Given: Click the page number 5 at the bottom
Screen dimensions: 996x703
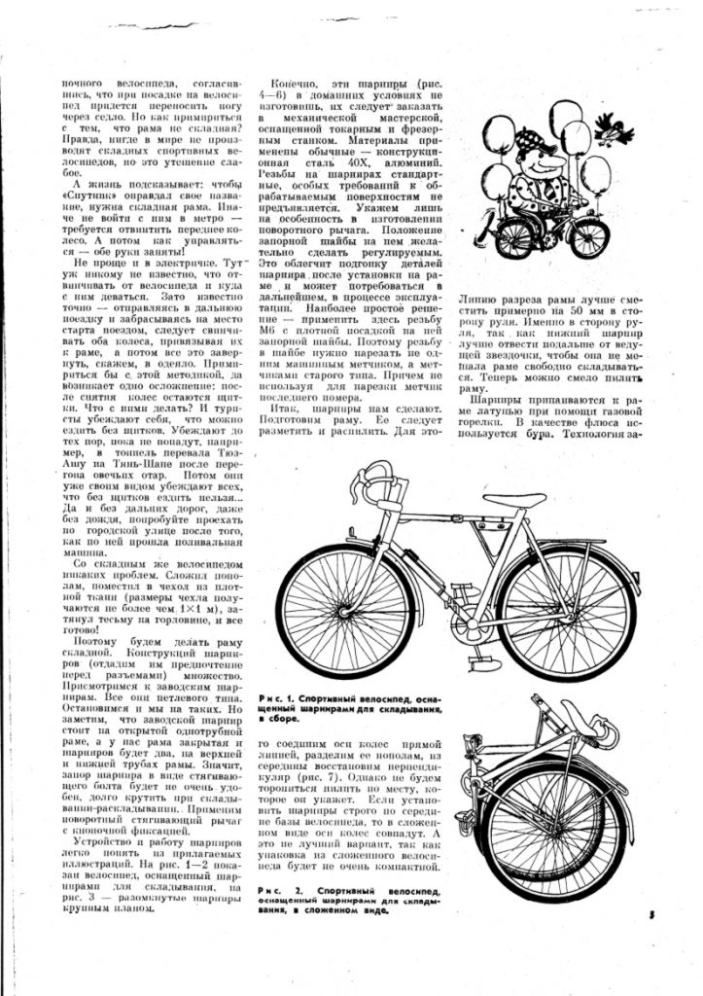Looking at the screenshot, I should click(x=650, y=913).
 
